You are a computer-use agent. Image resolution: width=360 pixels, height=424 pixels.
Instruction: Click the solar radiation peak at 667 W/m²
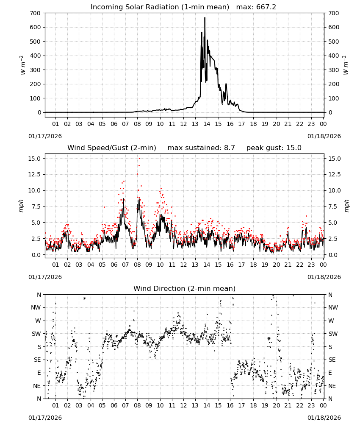point(205,18)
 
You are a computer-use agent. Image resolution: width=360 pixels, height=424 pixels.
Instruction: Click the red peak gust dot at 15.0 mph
point(139,159)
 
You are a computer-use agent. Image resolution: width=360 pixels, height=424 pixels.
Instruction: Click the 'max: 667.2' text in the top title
point(256,7)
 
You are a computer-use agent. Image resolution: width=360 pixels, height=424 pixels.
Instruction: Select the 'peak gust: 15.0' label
point(274,148)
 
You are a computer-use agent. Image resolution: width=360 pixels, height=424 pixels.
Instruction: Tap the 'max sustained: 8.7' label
point(201,148)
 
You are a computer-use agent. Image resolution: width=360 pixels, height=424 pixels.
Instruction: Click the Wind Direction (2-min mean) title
point(185,288)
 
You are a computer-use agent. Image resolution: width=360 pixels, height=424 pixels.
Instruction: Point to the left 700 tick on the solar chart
point(36,13)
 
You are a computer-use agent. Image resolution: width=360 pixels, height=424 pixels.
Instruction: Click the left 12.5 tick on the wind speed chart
point(34,174)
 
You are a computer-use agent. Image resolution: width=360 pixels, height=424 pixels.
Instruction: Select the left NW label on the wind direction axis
point(36,307)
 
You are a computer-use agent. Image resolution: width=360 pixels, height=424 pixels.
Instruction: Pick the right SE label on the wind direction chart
point(332,360)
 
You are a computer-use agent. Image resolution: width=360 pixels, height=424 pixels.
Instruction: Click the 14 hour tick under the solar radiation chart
point(207,124)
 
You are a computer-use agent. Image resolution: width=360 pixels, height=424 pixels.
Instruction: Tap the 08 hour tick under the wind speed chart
point(137,265)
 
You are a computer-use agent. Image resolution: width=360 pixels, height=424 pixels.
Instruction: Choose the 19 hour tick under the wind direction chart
point(265,405)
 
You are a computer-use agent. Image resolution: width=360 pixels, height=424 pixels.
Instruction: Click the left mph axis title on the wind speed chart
point(21,206)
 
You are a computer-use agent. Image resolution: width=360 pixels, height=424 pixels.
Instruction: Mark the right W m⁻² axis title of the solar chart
point(346,65)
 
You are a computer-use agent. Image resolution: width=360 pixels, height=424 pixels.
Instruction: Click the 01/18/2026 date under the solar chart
point(324,136)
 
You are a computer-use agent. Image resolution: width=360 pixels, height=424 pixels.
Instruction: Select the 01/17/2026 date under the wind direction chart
point(45,418)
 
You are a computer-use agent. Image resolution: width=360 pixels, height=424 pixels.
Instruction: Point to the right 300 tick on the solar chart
point(334,70)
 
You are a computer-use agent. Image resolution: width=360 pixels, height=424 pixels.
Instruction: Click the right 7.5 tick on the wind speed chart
point(333,206)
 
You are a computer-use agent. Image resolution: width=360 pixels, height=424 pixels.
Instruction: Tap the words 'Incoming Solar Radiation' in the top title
point(135,7)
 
